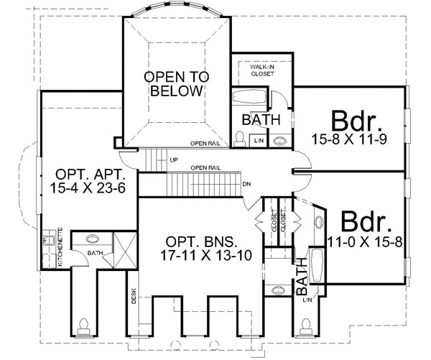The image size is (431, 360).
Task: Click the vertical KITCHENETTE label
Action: [x=60, y=247]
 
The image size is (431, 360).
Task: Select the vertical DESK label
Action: [x=134, y=296]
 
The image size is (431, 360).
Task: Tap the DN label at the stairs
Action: [x=246, y=184]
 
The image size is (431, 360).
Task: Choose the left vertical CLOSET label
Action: [x=274, y=222]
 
